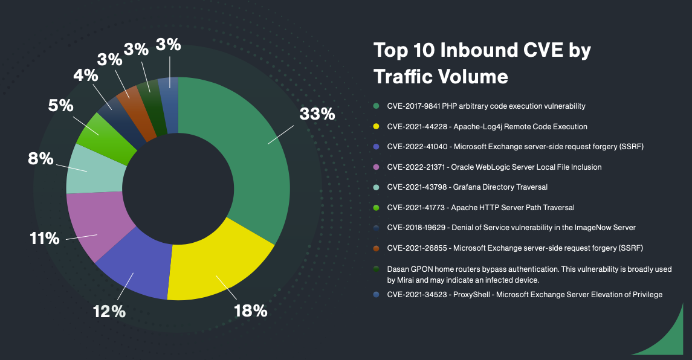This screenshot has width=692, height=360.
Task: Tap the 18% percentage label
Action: (x=250, y=311)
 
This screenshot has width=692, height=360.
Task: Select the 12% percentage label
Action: (x=109, y=312)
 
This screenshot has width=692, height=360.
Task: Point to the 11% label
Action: (x=45, y=239)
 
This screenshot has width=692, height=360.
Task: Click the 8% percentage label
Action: (x=40, y=159)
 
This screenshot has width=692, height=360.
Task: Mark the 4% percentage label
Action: (x=85, y=76)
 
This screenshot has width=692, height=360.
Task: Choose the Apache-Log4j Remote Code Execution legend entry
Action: (x=487, y=127)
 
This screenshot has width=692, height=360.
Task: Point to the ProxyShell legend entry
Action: (x=525, y=294)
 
